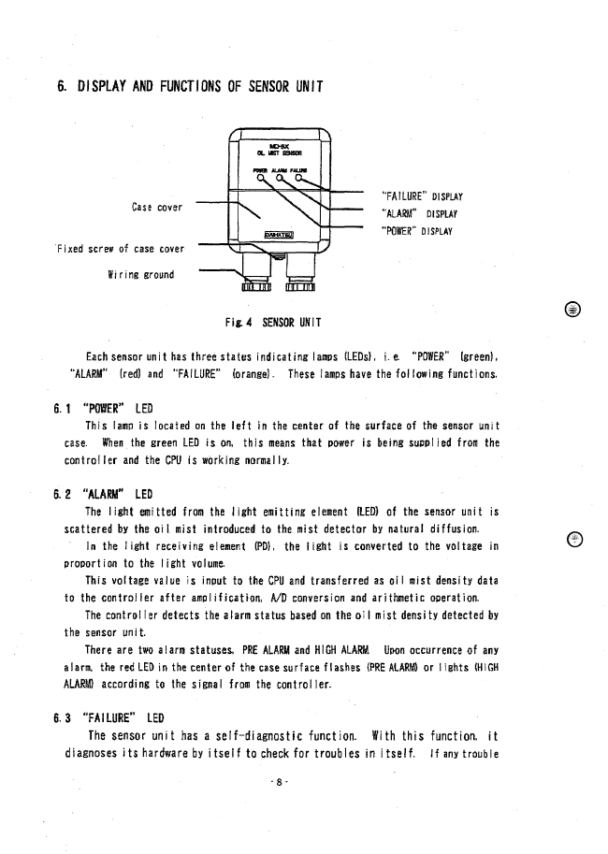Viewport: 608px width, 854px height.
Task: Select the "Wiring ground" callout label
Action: (x=142, y=275)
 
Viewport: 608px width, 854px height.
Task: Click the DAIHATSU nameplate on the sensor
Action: (x=276, y=236)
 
